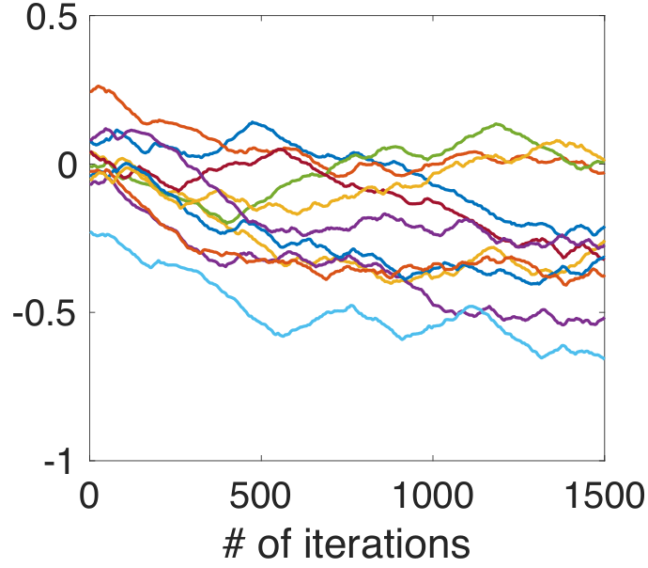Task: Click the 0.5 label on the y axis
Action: coord(52,19)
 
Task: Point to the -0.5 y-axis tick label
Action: coord(45,313)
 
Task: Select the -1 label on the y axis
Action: coord(57,461)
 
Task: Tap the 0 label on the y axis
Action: coord(68,166)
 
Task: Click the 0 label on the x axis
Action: coord(89,496)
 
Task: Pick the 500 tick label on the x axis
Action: coord(260,496)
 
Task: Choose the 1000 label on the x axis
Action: coord(432,496)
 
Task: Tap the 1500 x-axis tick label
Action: coord(604,496)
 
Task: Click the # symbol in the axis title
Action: coord(235,544)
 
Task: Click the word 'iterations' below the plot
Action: coord(387,544)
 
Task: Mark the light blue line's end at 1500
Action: coord(605,358)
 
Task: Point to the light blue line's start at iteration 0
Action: coord(90,233)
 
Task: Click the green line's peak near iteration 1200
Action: coord(497,124)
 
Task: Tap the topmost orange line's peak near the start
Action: coord(98,87)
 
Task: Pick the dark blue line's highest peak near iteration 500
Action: coord(253,122)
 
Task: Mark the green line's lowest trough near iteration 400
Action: coord(229,222)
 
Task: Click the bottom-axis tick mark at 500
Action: coord(261,458)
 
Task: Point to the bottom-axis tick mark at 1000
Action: coord(433,458)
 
